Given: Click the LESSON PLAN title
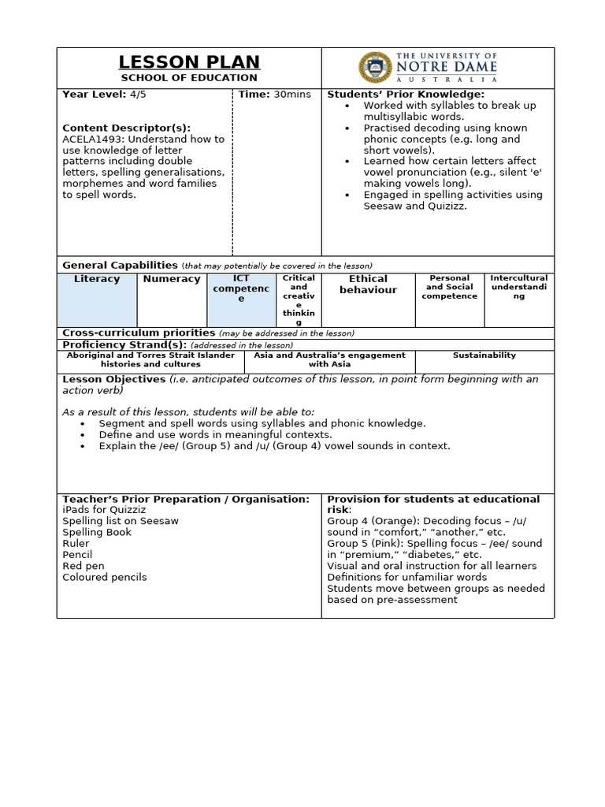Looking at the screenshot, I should [189, 62].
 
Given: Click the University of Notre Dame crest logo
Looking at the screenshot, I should [374, 67].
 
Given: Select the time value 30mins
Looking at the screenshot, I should [292, 95].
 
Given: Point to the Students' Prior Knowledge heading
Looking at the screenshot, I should [406, 95].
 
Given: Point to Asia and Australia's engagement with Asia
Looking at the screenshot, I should [329, 359].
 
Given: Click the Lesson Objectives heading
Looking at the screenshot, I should [114, 379].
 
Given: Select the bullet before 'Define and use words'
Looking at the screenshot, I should [83, 435].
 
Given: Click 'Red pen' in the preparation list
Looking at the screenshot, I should [84, 566].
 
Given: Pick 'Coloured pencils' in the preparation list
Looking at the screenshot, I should [105, 577].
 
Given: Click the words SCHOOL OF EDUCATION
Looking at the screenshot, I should [189, 78].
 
